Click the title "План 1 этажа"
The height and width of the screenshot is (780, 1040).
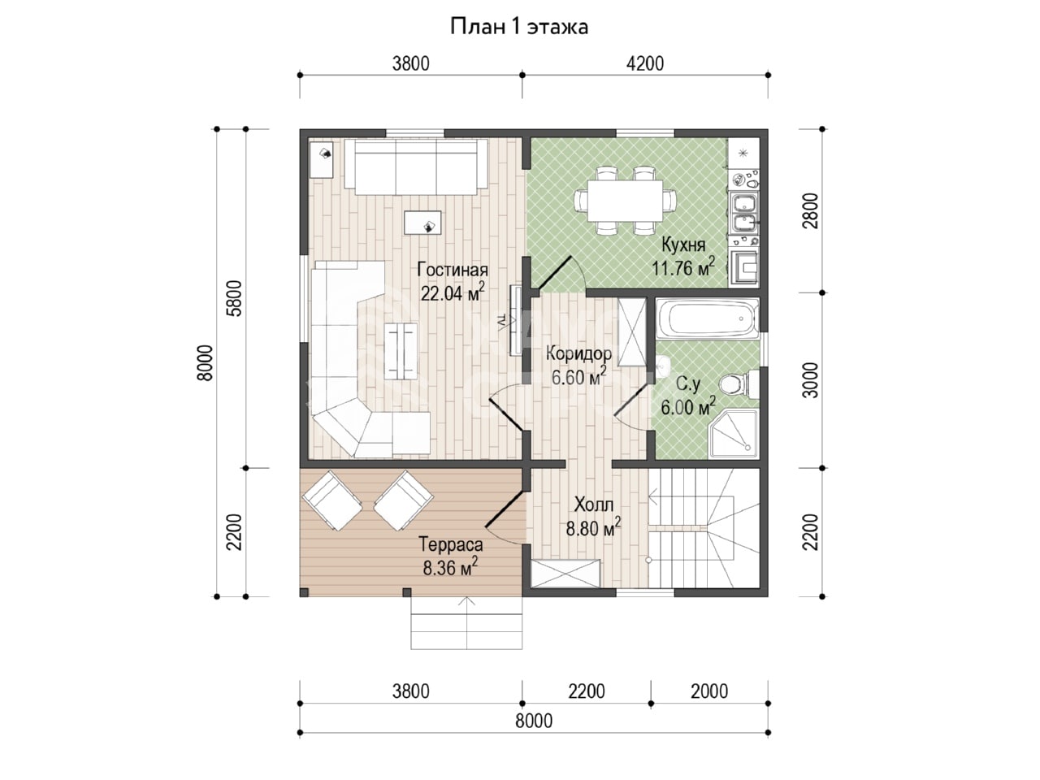click(519, 27)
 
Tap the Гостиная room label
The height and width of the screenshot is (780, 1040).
click(453, 270)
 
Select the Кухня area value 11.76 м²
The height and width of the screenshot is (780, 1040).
click(683, 268)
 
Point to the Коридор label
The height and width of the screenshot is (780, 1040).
click(578, 353)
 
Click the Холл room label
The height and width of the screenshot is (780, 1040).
click(594, 505)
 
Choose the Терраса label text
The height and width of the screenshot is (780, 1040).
click(451, 544)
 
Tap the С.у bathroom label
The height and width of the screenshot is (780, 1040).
click(688, 384)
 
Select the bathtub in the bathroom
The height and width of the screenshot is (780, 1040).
click(708, 318)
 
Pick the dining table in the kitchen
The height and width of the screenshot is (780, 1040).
click(624, 201)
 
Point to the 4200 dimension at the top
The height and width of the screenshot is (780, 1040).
click(645, 63)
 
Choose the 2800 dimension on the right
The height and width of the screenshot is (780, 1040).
click(812, 210)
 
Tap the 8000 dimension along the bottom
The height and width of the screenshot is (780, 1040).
click(534, 721)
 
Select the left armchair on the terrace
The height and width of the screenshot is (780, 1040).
click(332, 500)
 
